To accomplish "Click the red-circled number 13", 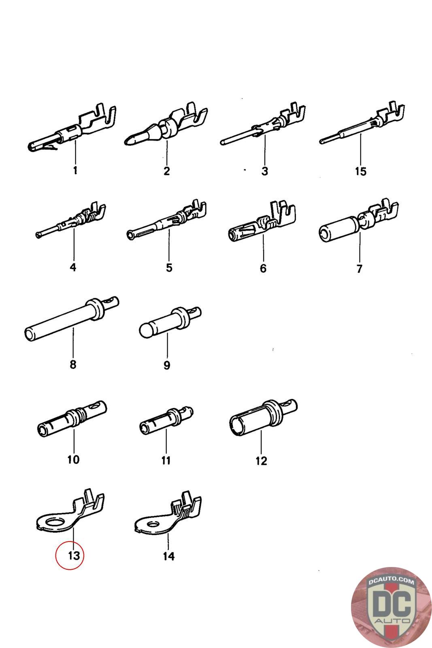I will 74,556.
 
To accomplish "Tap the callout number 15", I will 360,171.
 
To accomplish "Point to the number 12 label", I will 261,461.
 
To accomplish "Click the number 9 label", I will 167,365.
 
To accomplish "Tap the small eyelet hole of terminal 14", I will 153,525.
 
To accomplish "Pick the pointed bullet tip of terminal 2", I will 129,141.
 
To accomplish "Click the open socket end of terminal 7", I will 325,234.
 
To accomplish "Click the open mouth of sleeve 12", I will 236,426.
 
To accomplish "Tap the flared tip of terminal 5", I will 131,235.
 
